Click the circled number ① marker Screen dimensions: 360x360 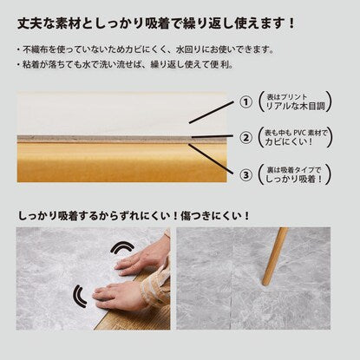tap(245, 102)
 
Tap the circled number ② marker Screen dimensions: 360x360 tap(245, 138)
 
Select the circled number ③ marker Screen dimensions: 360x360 tap(245, 174)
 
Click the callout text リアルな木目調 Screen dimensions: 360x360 tap(295, 106)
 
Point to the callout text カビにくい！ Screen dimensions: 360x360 tap(289, 141)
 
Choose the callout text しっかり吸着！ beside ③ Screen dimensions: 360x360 tap(293, 179)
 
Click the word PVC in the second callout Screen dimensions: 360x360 tap(300, 133)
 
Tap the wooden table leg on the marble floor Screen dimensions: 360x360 tap(274, 256)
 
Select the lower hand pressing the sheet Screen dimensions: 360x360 tap(124, 295)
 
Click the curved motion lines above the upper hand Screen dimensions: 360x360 tap(123, 248)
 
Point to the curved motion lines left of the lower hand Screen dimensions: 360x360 tap(79, 296)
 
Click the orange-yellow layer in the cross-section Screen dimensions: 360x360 tap(121, 162)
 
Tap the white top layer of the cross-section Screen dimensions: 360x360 tap(121, 114)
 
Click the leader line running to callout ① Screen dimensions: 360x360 tap(211, 113)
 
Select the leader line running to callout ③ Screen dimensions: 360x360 tap(210, 159)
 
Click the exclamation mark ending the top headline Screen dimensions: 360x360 tap(291, 23)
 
